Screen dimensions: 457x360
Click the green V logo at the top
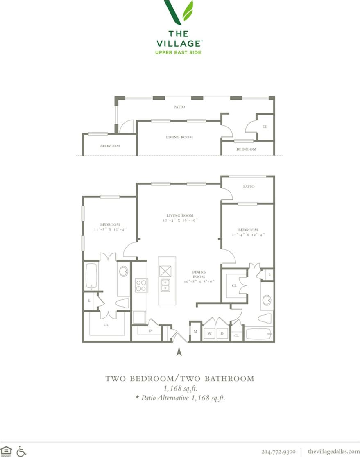click(x=179, y=12)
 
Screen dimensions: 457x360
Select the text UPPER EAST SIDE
click(x=179, y=52)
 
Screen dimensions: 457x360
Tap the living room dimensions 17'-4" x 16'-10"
click(x=180, y=220)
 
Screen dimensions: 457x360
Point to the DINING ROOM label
click(x=199, y=274)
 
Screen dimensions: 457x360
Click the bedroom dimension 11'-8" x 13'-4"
click(x=110, y=229)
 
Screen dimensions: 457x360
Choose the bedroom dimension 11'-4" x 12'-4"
click(x=248, y=235)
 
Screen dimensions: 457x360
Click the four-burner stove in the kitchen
click(x=141, y=285)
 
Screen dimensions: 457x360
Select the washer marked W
click(x=209, y=334)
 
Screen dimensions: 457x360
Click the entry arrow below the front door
click(x=179, y=351)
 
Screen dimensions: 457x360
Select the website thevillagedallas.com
click(x=333, y=451)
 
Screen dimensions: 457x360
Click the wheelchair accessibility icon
click(x=21, y=451)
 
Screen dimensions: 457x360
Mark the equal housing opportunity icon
click(x=7, y=451)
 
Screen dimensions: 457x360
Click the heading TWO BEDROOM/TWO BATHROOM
click(x=180, y=379)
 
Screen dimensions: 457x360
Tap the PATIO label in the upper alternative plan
click(x=179, y=107)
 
